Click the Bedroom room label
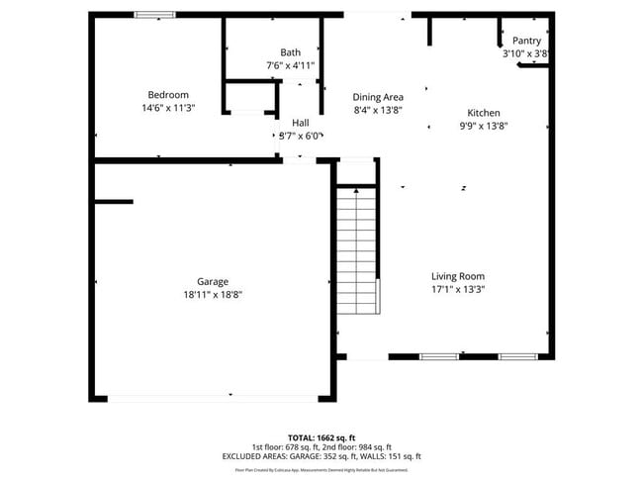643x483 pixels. [167, 95]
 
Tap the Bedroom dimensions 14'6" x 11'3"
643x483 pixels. [167, 108]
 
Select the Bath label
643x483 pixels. [290, 52]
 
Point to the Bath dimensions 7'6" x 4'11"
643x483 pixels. [290, 65]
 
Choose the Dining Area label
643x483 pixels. [379, 97]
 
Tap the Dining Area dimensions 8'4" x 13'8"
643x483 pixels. [379, 110]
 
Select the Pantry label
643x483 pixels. [526, 41]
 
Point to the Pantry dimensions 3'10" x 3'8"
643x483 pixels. [526, 53]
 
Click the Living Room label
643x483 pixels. [458, 276]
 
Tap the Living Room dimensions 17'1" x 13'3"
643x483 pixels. [458, 289]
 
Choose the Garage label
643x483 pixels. [213, 281]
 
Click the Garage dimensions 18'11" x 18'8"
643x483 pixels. [213, 294]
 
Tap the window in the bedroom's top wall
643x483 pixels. [154, 15]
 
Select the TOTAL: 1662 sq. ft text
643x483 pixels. [321, 436]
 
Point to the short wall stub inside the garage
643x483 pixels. [114, 202]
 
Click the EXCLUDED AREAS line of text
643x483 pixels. [321, 456]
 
